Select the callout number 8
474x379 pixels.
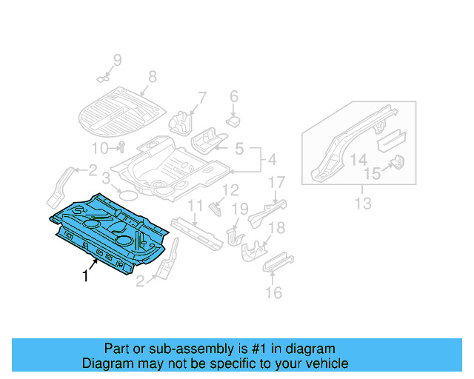tap(153, 76)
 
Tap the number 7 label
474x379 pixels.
tap(201, 96)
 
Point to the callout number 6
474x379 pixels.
tap(233, 96)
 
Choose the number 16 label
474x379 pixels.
tap(274, 294)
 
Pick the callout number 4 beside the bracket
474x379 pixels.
tap(271, 159)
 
